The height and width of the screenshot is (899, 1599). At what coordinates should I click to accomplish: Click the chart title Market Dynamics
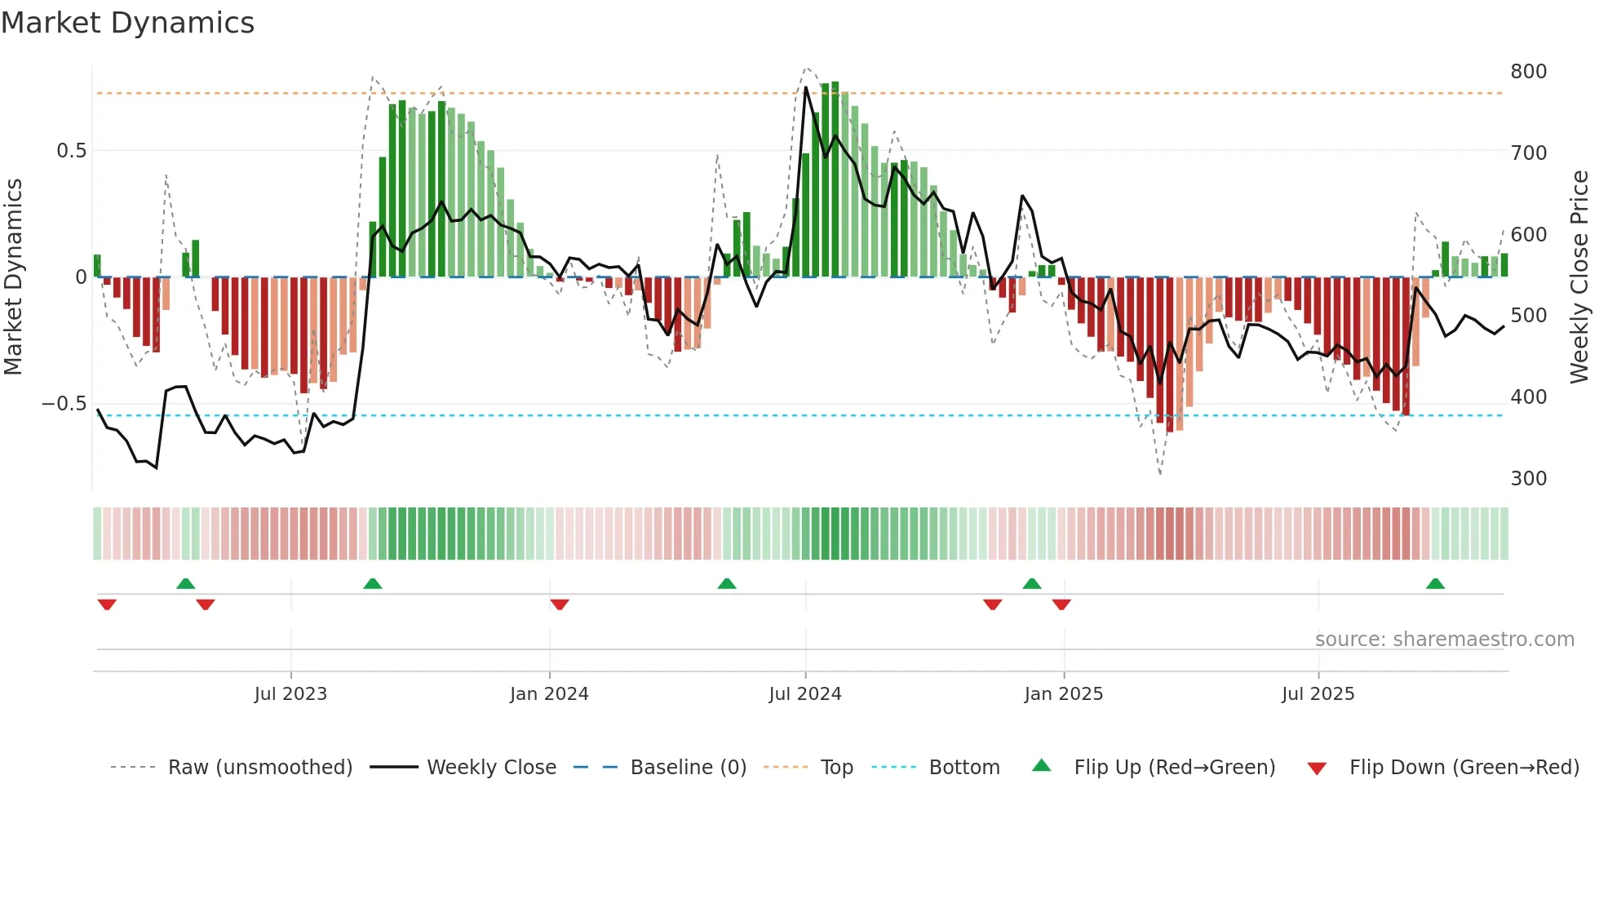(x=128, y=23)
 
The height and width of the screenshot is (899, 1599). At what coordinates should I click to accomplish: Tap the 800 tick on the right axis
(x=1528, y=72)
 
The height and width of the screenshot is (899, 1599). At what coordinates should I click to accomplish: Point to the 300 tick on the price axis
(x=1528, y=479)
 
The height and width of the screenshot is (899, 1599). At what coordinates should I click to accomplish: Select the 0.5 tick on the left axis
(x=71, y=151)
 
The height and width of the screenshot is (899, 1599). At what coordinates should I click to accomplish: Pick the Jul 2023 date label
(x=290, y=694)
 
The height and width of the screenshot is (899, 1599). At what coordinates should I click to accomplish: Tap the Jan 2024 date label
(x=549, y=694)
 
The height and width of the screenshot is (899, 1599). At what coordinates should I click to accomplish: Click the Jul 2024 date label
(x=805, y=694)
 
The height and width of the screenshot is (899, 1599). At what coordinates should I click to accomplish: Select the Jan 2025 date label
(x=1064, y=694)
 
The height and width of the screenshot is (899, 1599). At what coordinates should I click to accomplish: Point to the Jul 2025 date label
(x=1318, y=694)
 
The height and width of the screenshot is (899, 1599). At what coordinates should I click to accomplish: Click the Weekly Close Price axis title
(x=1579, y=277)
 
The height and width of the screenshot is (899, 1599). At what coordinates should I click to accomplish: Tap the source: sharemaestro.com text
(x=1444, y=640)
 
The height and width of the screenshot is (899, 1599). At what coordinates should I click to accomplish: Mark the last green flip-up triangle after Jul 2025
(x=1435, y=584)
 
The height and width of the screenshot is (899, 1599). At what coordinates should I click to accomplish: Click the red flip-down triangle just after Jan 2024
(x=560, y=604)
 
